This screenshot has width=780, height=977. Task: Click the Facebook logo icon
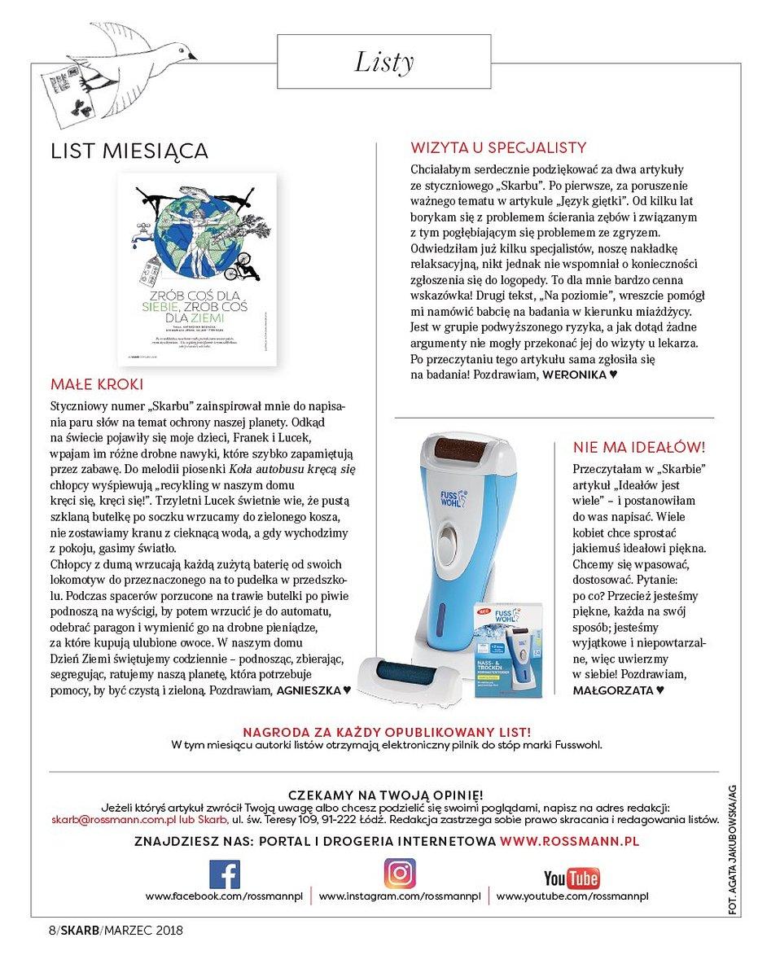(225, 874)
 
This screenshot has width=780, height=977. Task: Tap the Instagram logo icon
(400, 874)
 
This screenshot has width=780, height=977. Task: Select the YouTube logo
(572, 878)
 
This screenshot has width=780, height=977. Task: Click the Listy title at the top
(384, 63)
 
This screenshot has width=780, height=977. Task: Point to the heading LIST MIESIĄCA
(129, 151)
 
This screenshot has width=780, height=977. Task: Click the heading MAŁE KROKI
(97, 383)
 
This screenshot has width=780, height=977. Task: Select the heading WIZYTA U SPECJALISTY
(498, 147)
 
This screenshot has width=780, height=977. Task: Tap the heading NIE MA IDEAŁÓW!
(639, 447)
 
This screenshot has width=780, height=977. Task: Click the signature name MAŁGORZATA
(612, 690)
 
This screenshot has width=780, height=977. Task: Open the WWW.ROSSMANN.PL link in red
(569, 840)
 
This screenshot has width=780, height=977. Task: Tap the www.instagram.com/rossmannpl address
(400, 896)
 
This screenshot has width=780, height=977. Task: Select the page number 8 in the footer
(50, 931)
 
